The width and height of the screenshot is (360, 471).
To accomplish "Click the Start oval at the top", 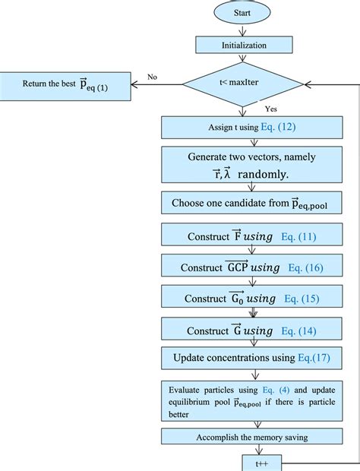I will click(242, 13).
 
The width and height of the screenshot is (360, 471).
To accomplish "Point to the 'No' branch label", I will click(152, 76).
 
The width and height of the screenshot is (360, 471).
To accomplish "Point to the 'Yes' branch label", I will click(270, 109).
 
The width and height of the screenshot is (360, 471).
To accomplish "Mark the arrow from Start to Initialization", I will click(242, 30).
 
